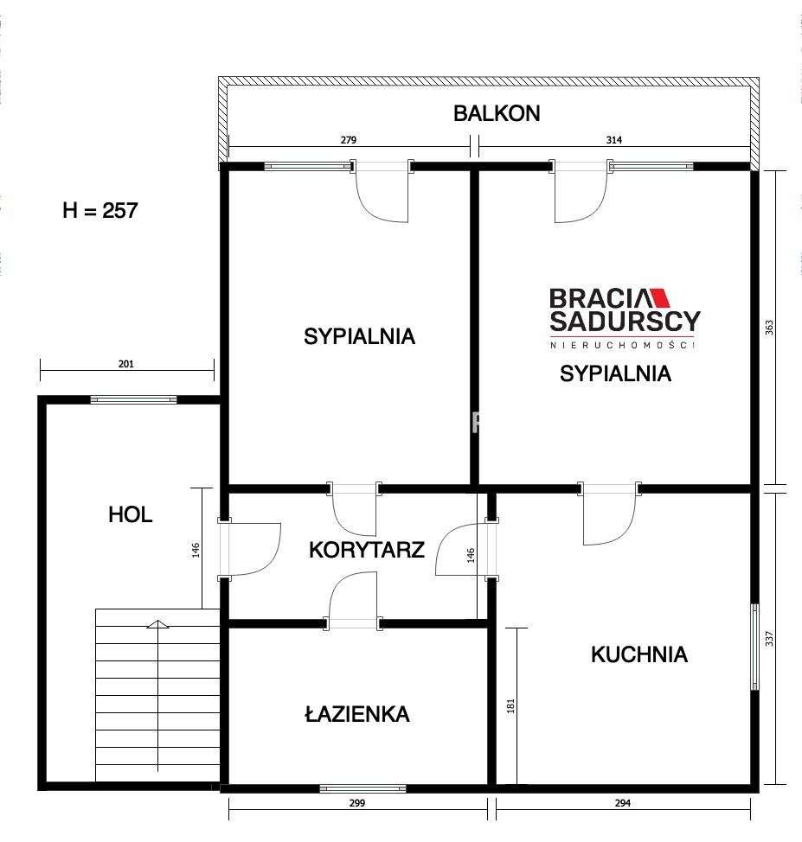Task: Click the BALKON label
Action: pos(497,113)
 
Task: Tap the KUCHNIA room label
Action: pos(638,654)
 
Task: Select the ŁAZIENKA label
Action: pos(356,714)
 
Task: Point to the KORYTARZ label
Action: pos(366,549)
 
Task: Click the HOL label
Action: pos(130,515)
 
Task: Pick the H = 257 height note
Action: pos(100,210)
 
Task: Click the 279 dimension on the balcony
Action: pos(349,139)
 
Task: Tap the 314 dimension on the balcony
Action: pos(613,139)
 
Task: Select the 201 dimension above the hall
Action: pos(125,365)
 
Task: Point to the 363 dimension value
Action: pos(769,329)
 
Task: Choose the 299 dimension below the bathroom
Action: pos(357,803)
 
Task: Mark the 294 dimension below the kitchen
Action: pos(623,803)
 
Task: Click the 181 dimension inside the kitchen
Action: pos(510,706)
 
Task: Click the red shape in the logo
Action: pos(660,298)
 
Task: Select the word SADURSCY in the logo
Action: pos(625,323)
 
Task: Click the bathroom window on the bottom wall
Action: pos(363,788)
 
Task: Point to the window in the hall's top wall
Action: pos(133,399)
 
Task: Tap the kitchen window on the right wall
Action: pos(755,646)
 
